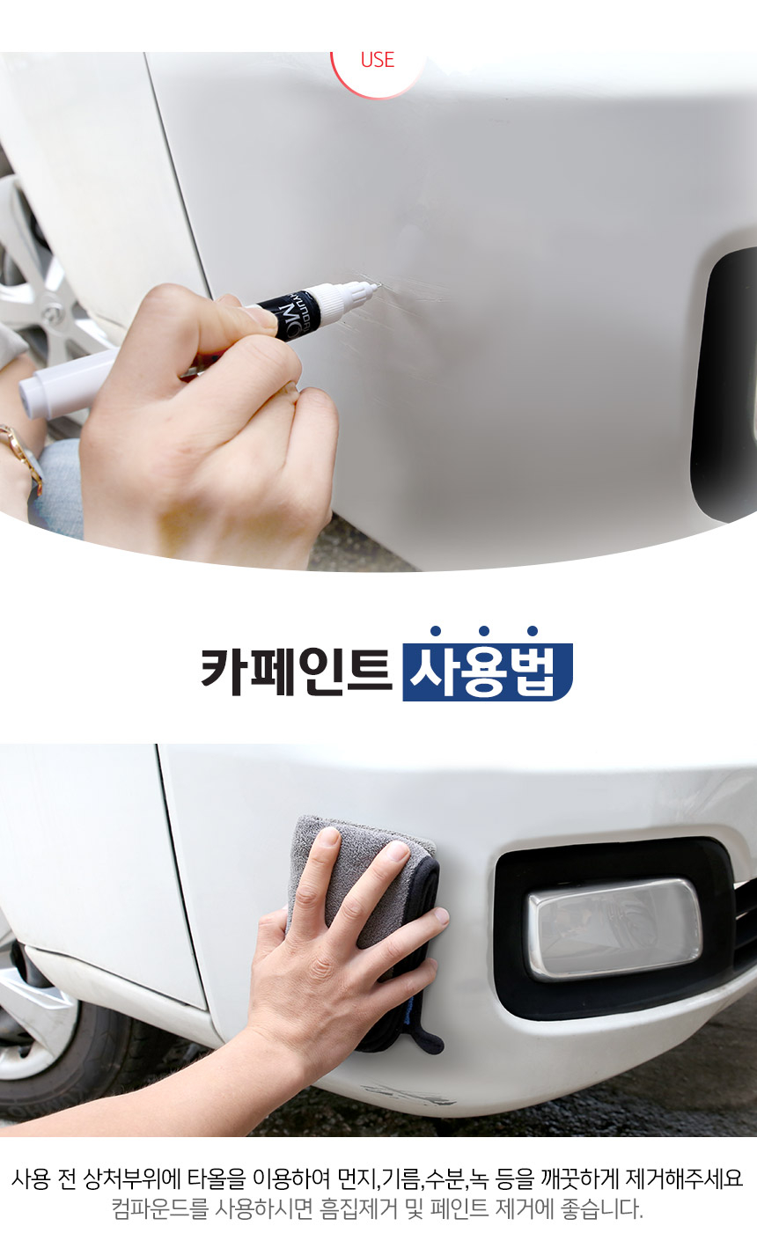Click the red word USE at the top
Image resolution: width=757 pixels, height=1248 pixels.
tap(378, 60)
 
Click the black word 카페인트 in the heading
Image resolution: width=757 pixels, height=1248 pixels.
tap(297, 671)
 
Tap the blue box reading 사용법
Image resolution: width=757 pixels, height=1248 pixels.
tap(488, 672)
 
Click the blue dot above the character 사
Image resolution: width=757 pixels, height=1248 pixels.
tap(436, 631)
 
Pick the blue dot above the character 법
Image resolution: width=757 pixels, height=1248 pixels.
tap(533, 631)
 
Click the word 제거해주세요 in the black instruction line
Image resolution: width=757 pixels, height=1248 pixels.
tap(685, 1178)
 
